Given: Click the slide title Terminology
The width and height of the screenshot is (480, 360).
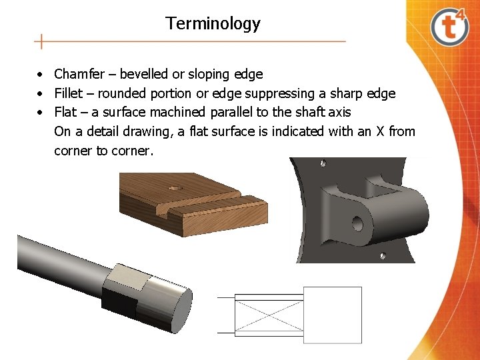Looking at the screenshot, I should [x=213, y=24].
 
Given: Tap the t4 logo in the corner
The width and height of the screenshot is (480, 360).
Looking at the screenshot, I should [x=449, y=27].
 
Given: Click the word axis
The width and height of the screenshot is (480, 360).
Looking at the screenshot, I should [x=339, y=112].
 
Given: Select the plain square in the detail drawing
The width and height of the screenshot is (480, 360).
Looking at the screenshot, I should [x=333, y=315].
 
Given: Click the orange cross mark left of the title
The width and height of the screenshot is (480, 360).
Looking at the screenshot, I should [x=41, y=41].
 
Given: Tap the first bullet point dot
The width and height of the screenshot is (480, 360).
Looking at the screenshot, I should [x=41, y=75].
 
